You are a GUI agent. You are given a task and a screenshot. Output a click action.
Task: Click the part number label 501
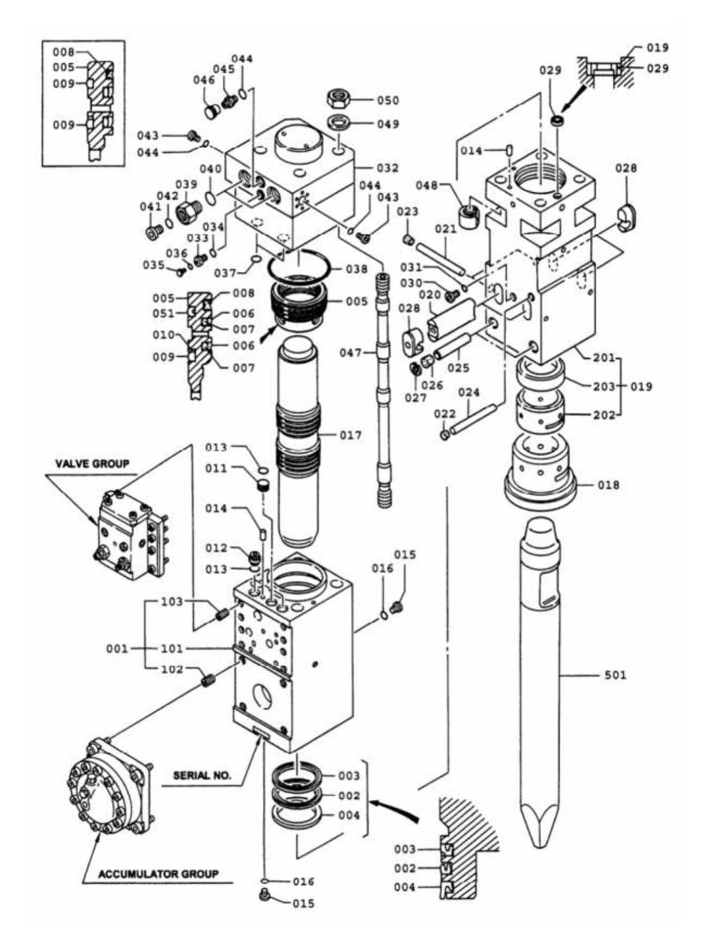pyautogui.click(x=615, y=675)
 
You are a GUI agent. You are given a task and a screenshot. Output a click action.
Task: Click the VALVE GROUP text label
pyautogui.click(x=92, y=464)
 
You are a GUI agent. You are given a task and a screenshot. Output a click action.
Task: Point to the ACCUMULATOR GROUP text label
pyautogui.click(x=158, y=873)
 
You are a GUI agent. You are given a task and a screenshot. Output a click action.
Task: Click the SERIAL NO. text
pyautogui.click(x=202, y=775)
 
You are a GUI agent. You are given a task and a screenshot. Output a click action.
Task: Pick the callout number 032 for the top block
pyautogui.click(x=388, y=168)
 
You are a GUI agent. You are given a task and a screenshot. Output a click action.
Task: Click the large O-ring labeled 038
pyautogui.click(x=300, y=267)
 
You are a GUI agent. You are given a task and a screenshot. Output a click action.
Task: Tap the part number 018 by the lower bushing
pyautogui.click(x=608, y=485)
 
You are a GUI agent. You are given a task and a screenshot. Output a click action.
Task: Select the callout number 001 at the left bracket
pyautogui.click(x=117, y=648)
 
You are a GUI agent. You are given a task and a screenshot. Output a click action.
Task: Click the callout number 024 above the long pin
pyautogui.click(x=468, y=393)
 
